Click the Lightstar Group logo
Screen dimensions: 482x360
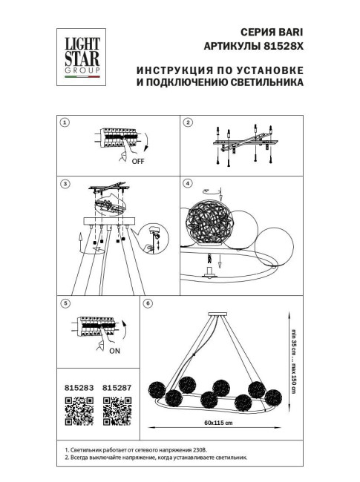[x=79, y=53]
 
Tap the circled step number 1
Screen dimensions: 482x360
[x=65, y=122]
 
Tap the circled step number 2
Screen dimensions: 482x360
[x=189, y=122]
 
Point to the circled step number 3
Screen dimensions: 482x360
[x=65, y=183]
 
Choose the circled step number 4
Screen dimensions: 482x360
[x=189, y=183]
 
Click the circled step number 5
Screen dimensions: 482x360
[x=65, y=303]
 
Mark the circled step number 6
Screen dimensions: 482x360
[x=148, y=303]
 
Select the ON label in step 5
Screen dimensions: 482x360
[x=115, y=353]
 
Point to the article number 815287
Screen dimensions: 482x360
[x=116, y=387]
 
